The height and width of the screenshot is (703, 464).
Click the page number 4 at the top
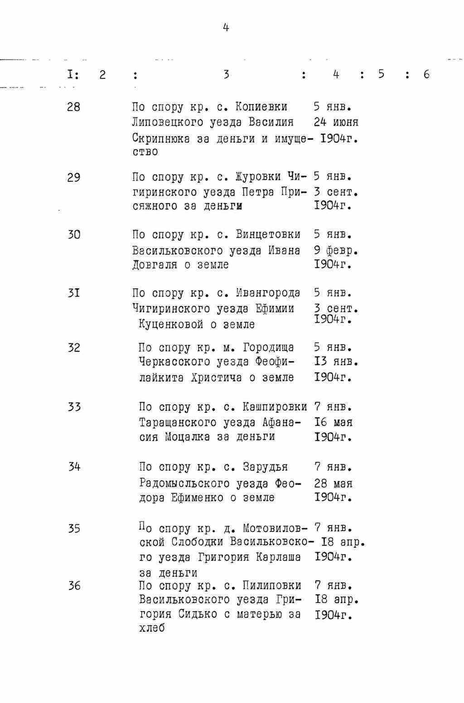pos(226,28)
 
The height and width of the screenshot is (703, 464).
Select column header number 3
pos(226,74)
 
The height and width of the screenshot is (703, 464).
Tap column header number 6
pos(426,74)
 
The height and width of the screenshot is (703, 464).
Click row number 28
pos(73,107)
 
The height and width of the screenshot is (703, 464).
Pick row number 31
pos(73,293)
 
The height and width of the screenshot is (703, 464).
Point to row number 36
pos(74,586)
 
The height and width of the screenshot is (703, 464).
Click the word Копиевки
pos(261,107)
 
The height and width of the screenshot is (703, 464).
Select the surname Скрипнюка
pos(161,138)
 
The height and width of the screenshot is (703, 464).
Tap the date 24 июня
pos(336,122)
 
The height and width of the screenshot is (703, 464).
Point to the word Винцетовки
pos(268,234)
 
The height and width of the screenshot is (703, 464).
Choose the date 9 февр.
pos(336,250)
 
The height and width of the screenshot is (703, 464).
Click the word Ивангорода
pos(268,293)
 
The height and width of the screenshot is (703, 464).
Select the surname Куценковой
pos(171,325)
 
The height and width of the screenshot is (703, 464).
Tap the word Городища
pos(268,348)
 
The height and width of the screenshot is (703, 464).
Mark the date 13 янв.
pos(336,362)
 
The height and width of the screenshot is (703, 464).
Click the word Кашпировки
pos(275,407)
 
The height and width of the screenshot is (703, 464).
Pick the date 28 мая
pos(333,483)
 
